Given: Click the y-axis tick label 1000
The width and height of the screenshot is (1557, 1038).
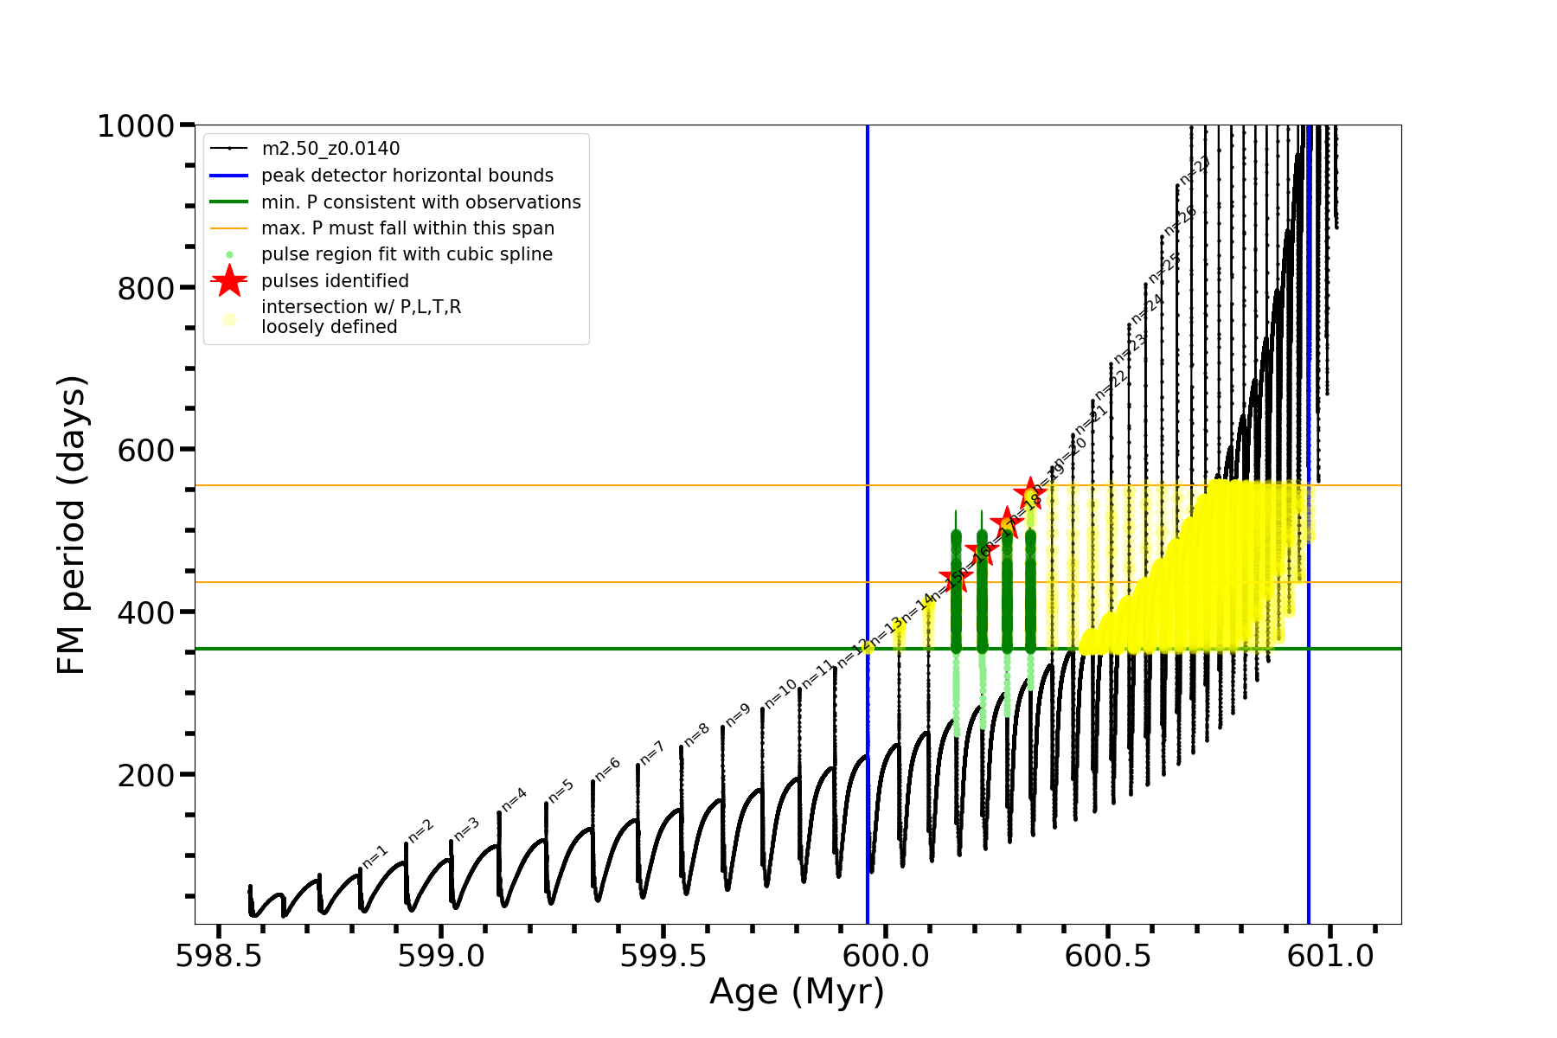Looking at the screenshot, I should (x=136, y=127).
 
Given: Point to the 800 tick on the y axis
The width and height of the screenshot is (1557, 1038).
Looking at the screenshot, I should (x=145, y=289).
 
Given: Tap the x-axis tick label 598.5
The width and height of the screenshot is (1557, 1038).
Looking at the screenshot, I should (x=218, y=956).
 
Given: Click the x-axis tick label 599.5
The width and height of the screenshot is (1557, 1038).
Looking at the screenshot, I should (x=663, y=956).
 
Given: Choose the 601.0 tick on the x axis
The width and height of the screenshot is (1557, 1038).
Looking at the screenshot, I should (x=1330, y=956).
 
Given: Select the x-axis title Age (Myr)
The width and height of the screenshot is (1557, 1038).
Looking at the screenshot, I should (x=797, y=992).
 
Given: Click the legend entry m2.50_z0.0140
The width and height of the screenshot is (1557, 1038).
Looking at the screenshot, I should (x=330, y=149).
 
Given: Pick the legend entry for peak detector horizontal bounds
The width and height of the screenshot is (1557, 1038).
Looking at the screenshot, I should (x=407, y=176).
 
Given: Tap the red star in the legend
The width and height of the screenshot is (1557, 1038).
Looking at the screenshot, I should (x=229, y=280).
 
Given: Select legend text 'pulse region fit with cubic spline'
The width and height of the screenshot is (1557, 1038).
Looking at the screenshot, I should (x=407, y=254).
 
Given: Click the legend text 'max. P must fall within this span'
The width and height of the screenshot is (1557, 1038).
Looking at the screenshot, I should (x=407, y=228).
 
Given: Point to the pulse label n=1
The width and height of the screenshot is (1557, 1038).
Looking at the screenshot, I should (x=375, y=856).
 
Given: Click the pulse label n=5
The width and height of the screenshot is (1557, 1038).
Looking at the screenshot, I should (x=561, y=791).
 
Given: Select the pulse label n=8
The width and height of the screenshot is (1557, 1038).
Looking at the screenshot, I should (x=696, y=734).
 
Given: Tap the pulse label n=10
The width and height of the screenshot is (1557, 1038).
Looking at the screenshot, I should (x=780, y=695).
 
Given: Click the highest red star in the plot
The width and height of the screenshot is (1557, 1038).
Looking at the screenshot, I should (x=1030, y=493).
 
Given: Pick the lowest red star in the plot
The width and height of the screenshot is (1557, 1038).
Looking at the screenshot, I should (x=956, y=577).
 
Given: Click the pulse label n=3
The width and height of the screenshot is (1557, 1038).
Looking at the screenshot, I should (x=466, y=828).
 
